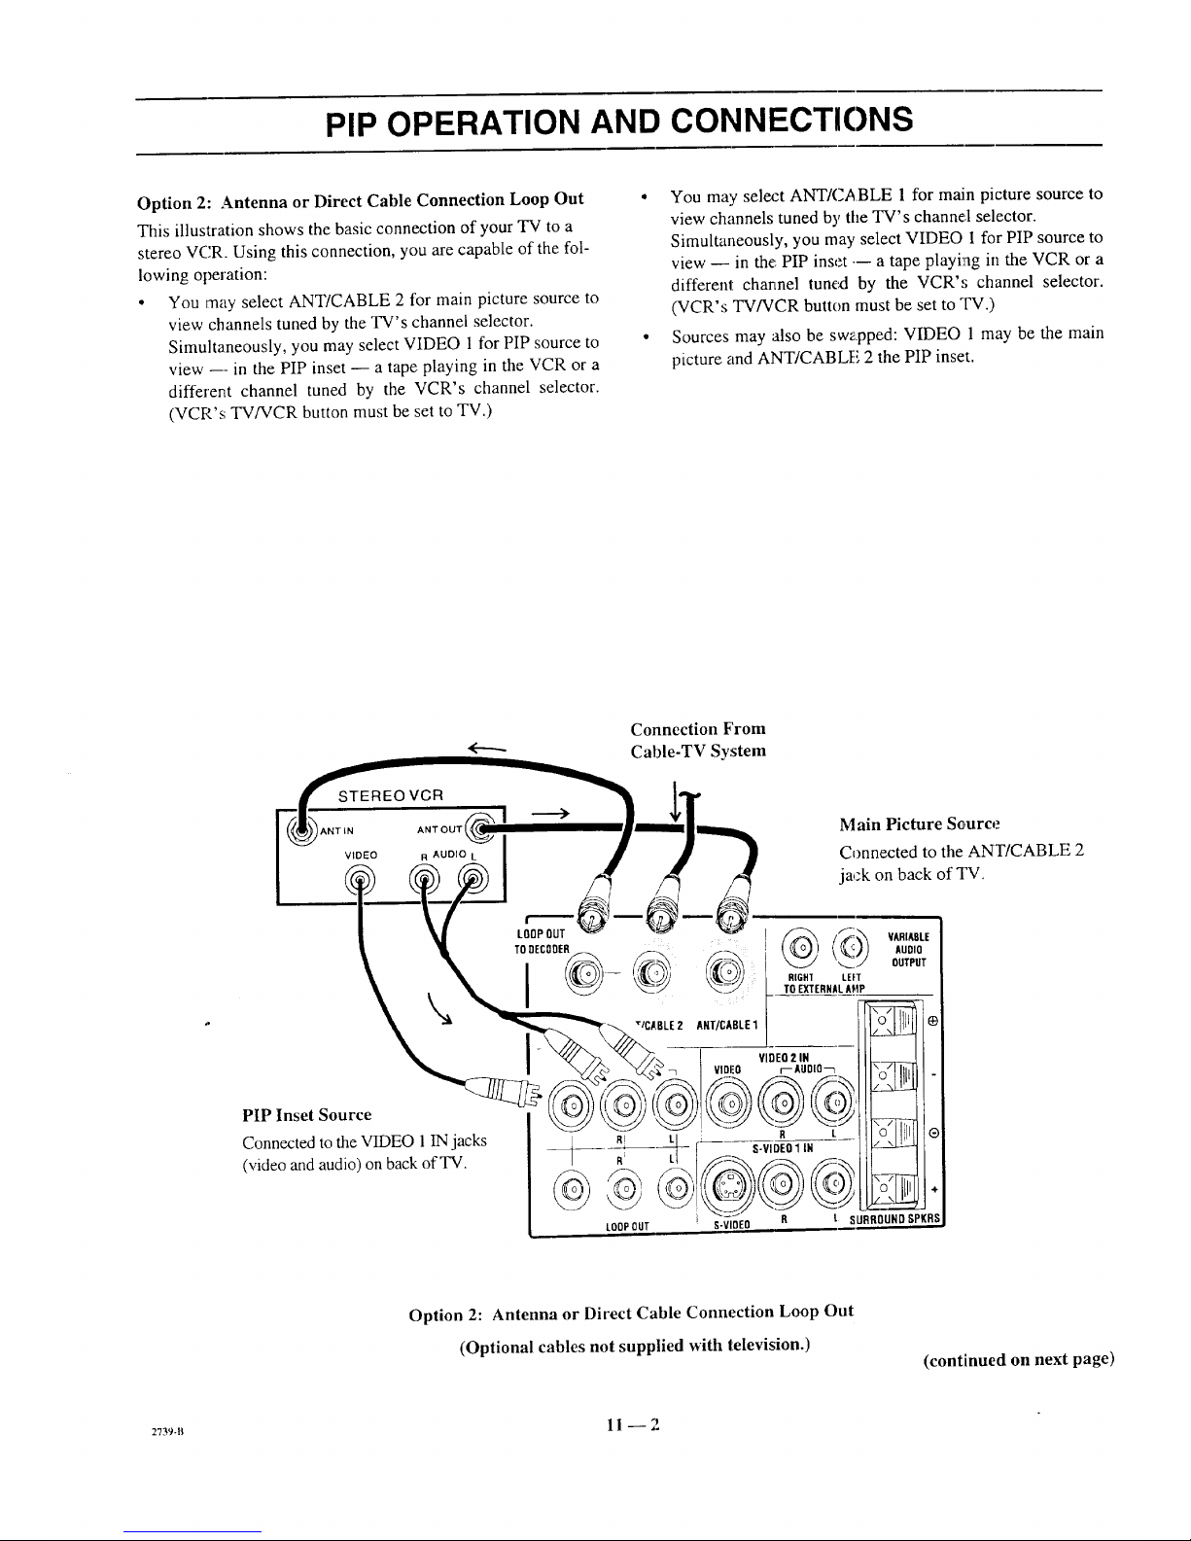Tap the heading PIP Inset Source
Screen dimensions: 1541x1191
pos(306,1113)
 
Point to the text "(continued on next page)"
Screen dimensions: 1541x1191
pos(1017,1359)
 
